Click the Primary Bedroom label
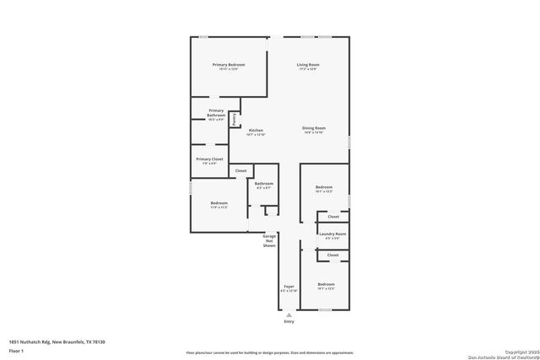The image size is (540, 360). (229, 65)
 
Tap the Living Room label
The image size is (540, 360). (307, 65)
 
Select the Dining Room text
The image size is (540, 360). (313, 128)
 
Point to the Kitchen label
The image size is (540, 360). (256, 130)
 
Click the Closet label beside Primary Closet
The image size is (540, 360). (241, 171)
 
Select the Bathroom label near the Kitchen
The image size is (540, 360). (264, 183)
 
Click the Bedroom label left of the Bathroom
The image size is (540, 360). (219, 202)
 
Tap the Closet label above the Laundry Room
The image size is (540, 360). (332, 217)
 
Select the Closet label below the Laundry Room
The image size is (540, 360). (332, 255)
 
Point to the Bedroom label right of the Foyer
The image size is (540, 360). (326, 285)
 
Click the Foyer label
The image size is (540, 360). (289, 286)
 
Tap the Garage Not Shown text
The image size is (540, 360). (269, 241)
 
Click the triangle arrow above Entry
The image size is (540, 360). (289, 314)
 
